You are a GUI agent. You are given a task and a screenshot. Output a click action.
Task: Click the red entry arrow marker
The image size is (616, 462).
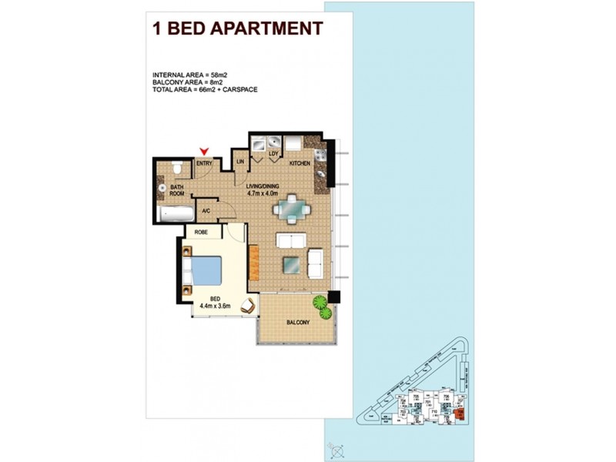(x=204, y=152)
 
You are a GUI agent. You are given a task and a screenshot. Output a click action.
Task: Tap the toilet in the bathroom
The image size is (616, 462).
(x=177, y=168)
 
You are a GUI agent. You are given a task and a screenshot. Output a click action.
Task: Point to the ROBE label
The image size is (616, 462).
(x=203, y=231)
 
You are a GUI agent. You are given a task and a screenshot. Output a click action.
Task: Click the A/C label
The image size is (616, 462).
(x=206, y=210)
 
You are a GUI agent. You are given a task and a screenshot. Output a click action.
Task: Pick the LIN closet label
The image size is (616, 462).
(x=239, y=162)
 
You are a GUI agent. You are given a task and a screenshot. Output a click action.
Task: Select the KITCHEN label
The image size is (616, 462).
(x=300, y=164)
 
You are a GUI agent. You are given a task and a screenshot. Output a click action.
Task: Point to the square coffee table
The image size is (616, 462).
(x=291, y=264)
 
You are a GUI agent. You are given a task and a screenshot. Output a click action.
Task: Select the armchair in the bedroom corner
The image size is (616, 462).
(x=248, y=306)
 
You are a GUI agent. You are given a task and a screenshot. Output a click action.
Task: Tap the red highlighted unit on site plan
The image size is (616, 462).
(x=460, y=413)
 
